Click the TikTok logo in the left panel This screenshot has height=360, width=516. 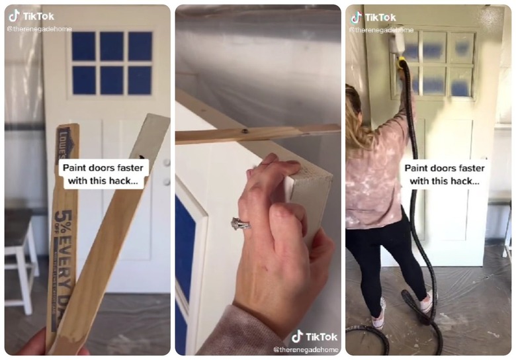click(x=31, y=16)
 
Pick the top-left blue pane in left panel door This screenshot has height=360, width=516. click(x=83, y=46)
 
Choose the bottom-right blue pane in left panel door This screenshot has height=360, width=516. click(x=140, y=80)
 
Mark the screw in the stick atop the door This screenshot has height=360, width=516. click(x=244, y=132)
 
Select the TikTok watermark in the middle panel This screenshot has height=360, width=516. click(x=315, y=336)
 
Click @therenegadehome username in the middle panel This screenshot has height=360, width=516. click(x=306, y=349)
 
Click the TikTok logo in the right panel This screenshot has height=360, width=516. click(x=373, y=17)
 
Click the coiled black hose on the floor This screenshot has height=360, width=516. click(x=370, y=337)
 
